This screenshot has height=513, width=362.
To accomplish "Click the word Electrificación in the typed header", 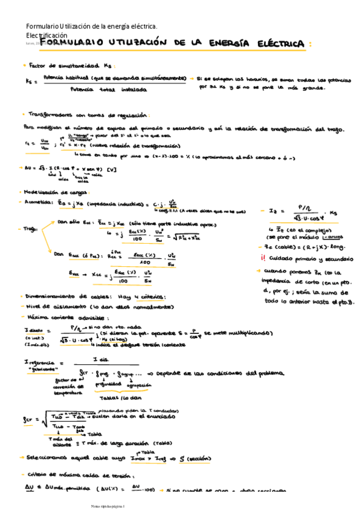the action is (47, 36).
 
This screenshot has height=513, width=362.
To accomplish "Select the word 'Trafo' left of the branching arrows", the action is (30, 229).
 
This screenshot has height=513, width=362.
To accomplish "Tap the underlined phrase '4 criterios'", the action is (151, 296).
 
